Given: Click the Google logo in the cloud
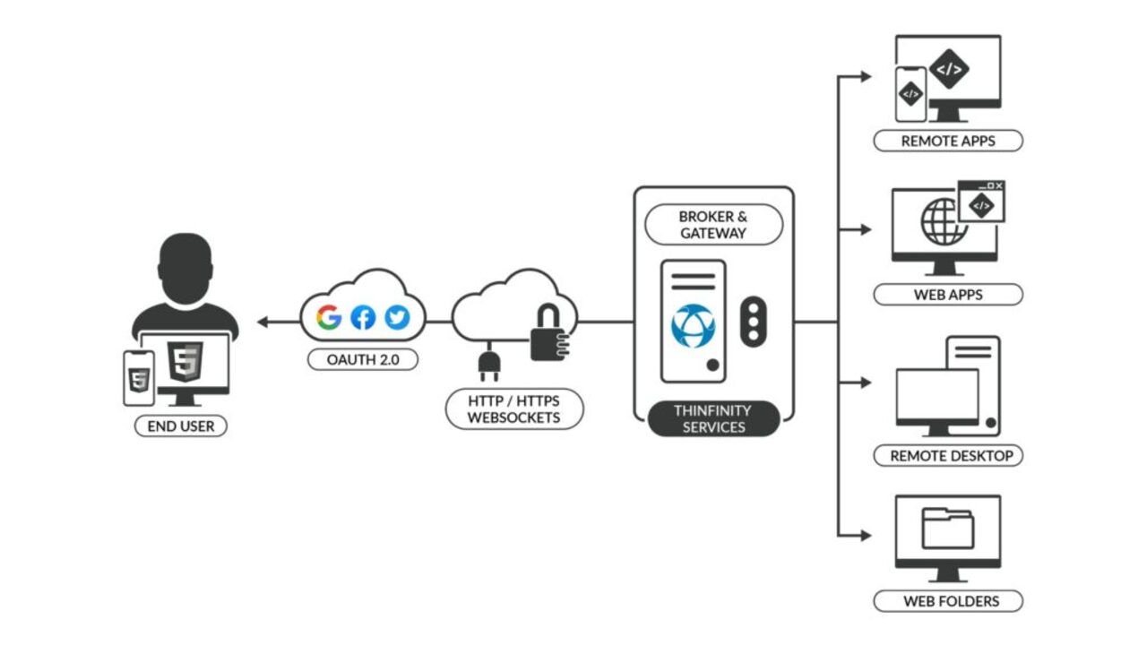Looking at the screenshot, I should point(329,317).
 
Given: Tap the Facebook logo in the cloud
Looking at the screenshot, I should point(363,317).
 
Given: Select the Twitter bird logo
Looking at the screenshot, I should point(396,317).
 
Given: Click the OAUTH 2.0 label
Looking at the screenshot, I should point(362,360).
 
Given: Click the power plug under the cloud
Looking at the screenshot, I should point(488,364).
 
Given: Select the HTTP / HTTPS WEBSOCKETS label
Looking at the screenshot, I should point(513,409).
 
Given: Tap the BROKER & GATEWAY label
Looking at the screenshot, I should point(712,224).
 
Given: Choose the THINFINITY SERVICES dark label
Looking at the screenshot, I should point(712,418).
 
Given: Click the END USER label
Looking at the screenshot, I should point(180,426).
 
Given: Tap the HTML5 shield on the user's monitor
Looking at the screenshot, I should point(185,363).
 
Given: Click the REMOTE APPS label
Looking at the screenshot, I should point(947,141).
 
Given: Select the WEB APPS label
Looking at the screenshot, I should point(947,295).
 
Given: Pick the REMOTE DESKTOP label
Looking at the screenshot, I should point(947,456).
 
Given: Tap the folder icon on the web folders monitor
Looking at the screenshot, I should point(947,529).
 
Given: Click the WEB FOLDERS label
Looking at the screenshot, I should point(947,601).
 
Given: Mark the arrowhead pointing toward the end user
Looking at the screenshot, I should point(262,322).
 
